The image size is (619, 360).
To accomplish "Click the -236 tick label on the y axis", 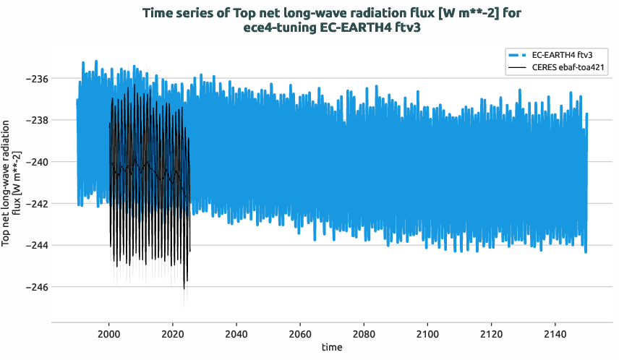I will [35, 78].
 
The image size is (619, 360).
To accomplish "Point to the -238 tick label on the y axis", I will [35, 120].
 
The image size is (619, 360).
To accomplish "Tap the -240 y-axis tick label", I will [35, 162].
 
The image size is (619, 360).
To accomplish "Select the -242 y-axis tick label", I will [35, 204].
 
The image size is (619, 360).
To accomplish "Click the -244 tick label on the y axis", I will [35, 245].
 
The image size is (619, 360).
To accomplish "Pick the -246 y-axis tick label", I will [35, 287].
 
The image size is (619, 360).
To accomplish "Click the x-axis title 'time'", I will [332, 347].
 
